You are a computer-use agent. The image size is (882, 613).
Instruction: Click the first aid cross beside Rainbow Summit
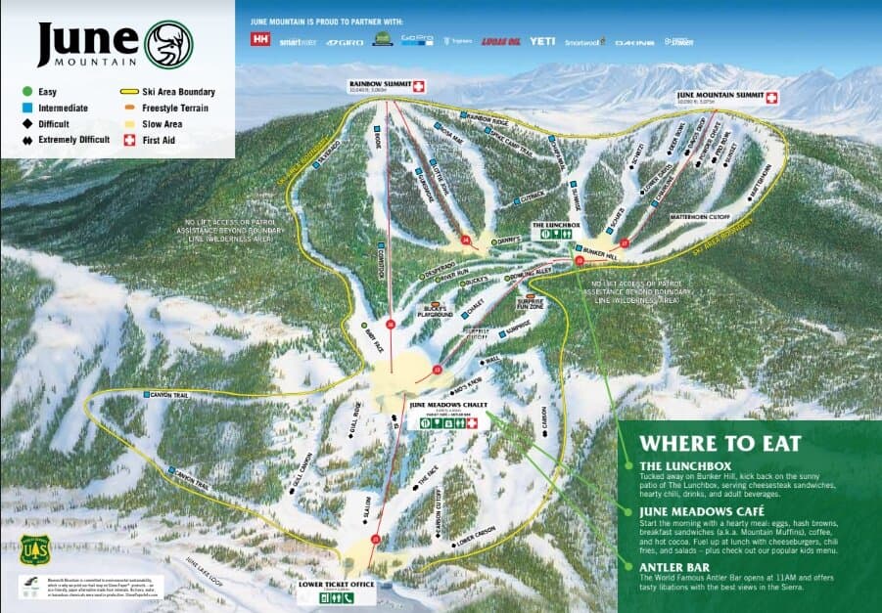(419, 86)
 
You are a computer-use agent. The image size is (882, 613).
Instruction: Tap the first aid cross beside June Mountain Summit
(770, 97)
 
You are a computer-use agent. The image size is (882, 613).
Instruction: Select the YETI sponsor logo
(542, 41)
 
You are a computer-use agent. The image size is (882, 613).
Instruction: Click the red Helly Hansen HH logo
(260, 40)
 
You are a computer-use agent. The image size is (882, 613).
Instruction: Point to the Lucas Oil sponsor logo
(499, 42)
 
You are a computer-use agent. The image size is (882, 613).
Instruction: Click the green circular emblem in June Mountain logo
(168, 44)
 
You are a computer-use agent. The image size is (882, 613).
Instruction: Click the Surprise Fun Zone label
(532, 301)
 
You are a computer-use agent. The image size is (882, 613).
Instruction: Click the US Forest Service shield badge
(29, 549)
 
